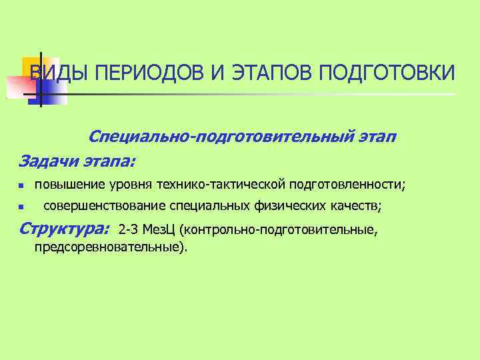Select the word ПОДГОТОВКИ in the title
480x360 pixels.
click(387, 73)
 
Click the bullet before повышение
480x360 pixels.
click(21, 184)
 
